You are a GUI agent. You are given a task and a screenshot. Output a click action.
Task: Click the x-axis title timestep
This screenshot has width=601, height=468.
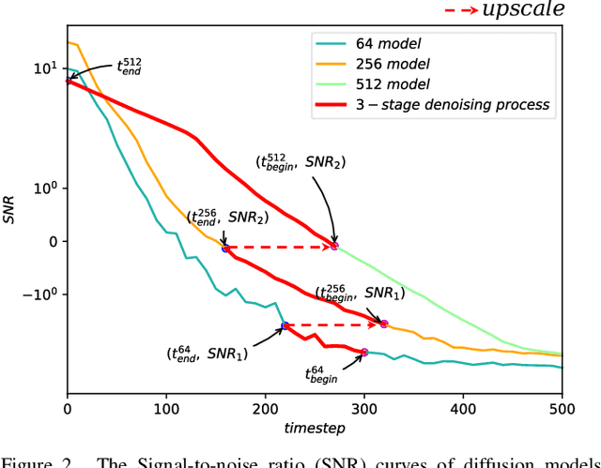(315, 428)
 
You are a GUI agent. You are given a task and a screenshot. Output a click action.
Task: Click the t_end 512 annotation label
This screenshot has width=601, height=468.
(129, 67)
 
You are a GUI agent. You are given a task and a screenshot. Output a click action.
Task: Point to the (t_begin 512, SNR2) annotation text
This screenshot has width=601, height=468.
(300, 160)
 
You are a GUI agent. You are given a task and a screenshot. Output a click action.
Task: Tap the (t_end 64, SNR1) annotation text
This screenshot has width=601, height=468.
(208, 354)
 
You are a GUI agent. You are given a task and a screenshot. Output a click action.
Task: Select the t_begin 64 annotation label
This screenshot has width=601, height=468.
(321, 375)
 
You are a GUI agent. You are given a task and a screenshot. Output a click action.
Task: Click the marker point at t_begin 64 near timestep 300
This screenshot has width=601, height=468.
(364, 352)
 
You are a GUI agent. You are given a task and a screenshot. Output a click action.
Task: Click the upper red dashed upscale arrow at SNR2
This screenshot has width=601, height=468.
(280, 248)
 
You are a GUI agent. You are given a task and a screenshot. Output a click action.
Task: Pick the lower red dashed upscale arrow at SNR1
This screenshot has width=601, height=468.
(333, 325)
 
